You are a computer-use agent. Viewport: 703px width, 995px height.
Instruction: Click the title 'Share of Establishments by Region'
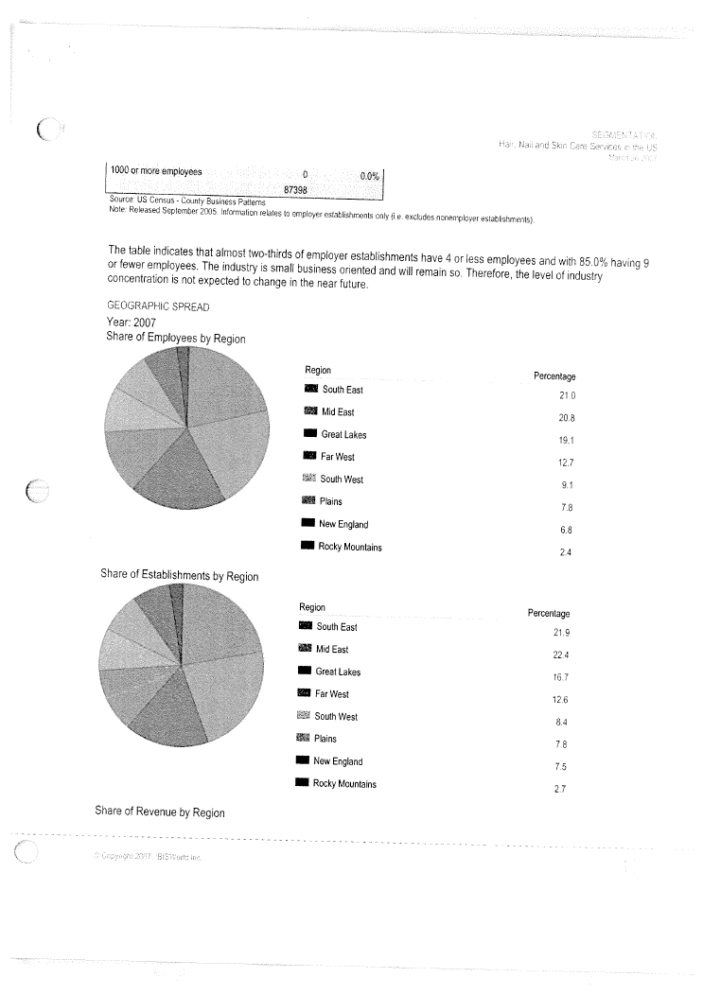click(179, 576)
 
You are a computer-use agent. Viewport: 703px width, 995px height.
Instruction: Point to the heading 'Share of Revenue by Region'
click(158, 812)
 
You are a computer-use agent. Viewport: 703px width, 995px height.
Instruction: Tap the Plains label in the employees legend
click(331, 501)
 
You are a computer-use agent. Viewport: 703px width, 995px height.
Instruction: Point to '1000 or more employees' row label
click(156, 171)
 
